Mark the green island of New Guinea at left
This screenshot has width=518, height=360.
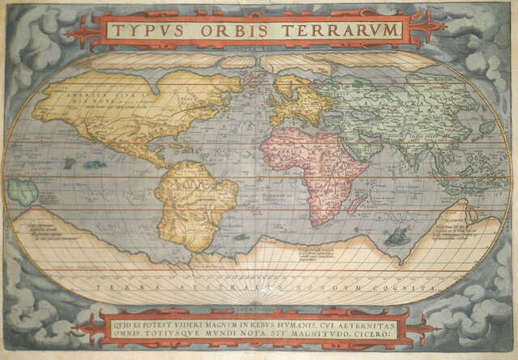point(23,193)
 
